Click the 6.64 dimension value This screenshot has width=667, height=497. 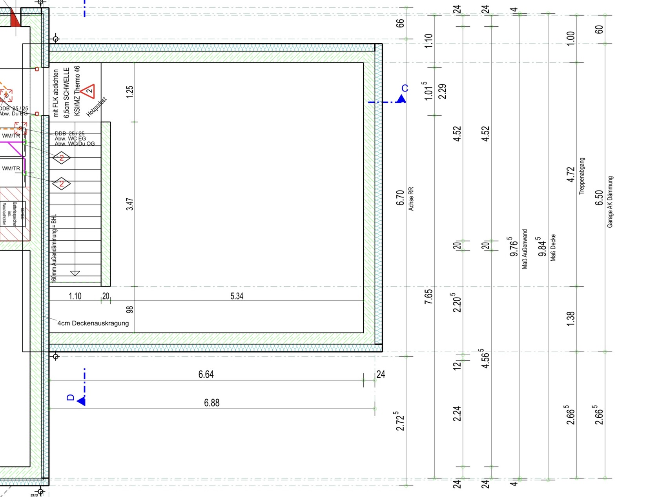[x=206, y=375]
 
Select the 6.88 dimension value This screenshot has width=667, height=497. [x=211, y=403]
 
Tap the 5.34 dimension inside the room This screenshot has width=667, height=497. [x=237, y=296]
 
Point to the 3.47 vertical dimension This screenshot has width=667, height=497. [x=130, y=204]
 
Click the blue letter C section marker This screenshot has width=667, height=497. [x=405, y=89]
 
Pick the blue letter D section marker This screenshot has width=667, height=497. [x=71, y=398]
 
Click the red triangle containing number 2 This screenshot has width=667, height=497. [x=89, y=91]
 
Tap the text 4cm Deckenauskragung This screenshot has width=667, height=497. [x=93, y=323]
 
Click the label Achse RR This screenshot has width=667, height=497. [x=411, y=199]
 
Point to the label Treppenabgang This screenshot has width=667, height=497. [x=582, y=176]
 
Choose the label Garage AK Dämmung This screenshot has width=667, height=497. [x=610, y=202]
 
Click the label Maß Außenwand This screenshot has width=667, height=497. [x=525, y=249]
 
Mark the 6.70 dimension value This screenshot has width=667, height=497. [x=400, y=198]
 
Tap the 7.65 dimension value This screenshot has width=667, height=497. [x=428, y=296]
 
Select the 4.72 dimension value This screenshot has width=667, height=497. [x=571, y=174]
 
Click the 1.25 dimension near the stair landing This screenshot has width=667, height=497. [x=130, y=91]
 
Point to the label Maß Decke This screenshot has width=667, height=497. [x=553, y=248]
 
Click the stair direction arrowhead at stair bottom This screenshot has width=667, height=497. [x=75, y=273]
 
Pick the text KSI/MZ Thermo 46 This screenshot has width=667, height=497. [x=77, y=91]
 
